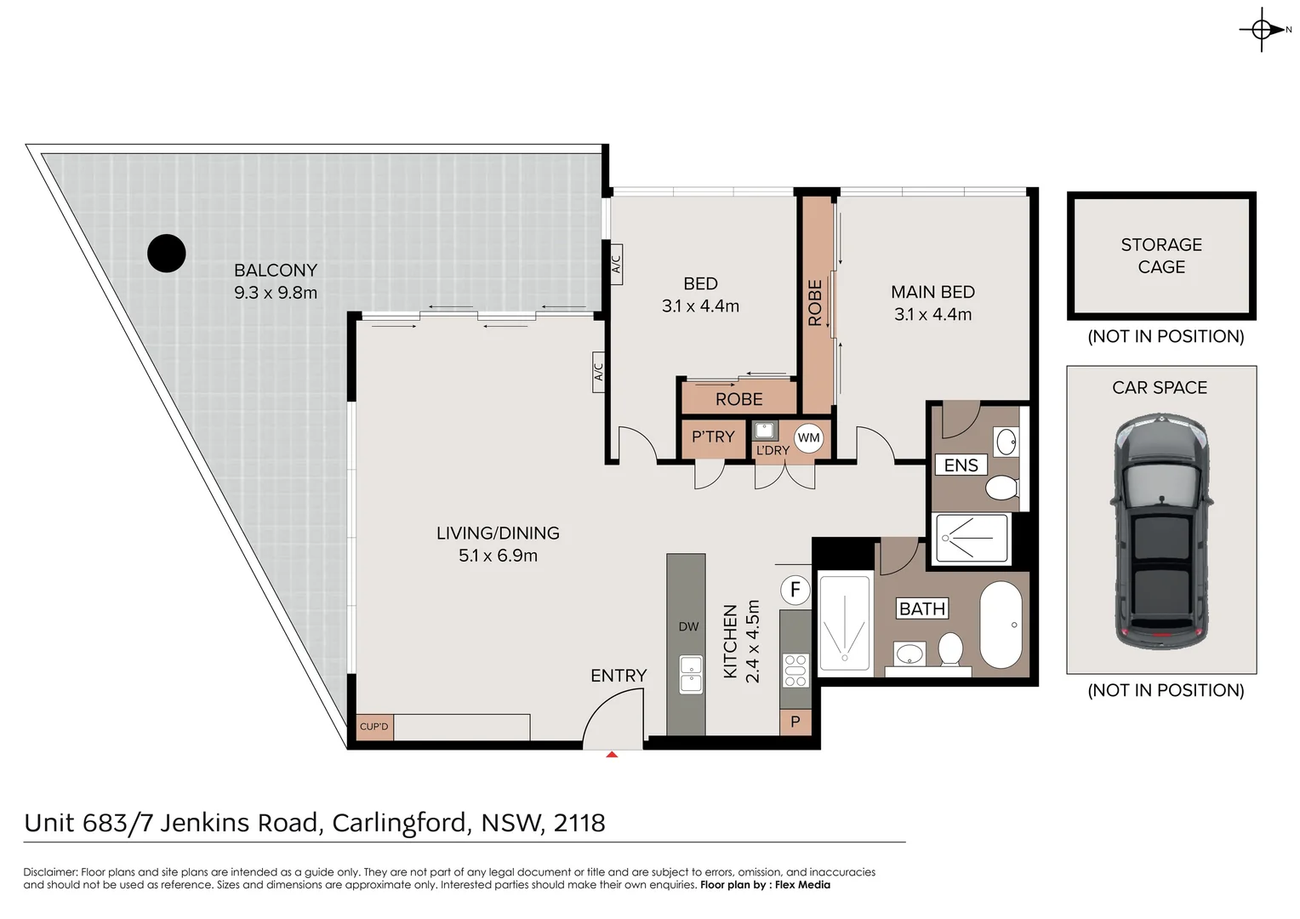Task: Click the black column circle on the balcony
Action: [167, 253]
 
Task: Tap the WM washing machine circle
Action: [808, 438]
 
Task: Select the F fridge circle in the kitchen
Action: [795, 590]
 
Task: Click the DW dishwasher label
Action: [688, 627]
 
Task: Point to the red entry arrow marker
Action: [612, 754]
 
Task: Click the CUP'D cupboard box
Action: [374, 727]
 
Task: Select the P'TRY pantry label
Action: [713, 437]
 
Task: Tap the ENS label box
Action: [961, 465]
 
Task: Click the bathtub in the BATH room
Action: [1001, 625]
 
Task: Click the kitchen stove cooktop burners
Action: [795, 670]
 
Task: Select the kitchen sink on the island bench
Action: [690, 673]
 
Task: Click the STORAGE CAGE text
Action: [1161, 256]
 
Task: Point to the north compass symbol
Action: [1262, 30]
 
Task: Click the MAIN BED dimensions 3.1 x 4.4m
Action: [932, 315]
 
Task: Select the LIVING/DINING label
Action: [498, 534]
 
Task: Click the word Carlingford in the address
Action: [400, 823]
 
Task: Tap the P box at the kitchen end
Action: [795, 722]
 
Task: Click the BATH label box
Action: [922, 609]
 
